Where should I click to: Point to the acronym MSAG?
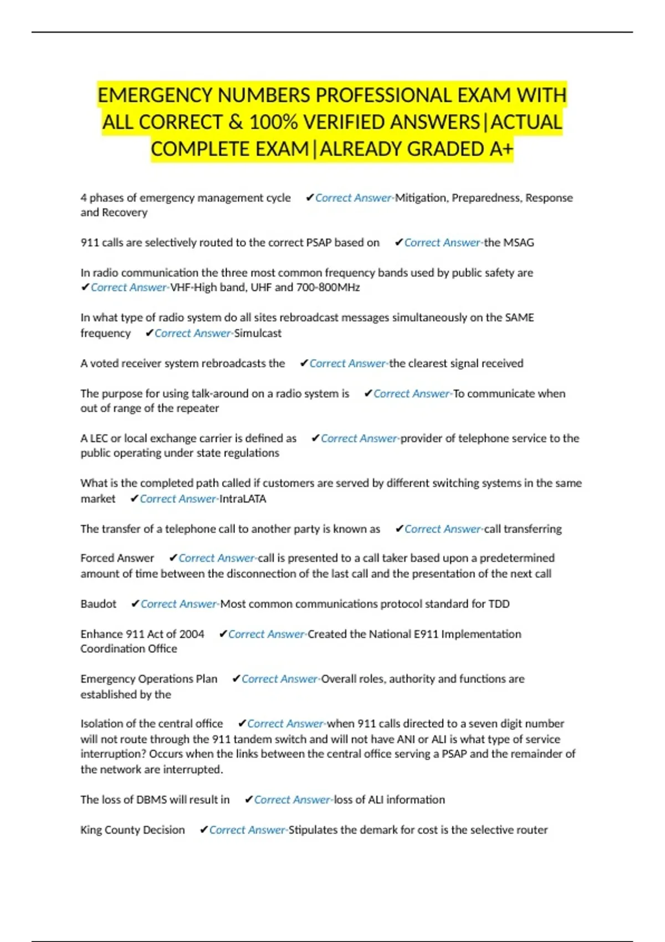(x=519, y=243)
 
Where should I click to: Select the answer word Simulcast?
(x=258, y=333)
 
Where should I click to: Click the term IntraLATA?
(x=243, y=499)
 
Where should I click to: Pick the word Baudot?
(x=99, y=604)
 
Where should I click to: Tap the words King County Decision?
(x=132, y=830)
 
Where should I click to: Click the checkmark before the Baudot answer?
(x=135, y=604)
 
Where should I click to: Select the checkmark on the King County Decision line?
(x=203, y=830)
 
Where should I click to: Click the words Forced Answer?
(x=117, y=558)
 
